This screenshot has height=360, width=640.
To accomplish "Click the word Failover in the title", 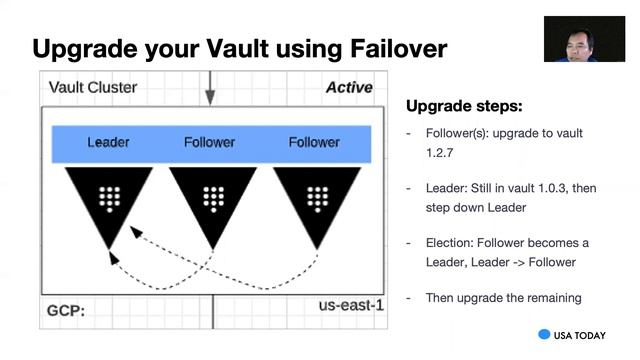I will tap(384, 48).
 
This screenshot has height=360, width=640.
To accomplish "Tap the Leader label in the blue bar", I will tap(108, 142).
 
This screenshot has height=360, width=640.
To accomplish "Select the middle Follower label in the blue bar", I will tap(210, 142).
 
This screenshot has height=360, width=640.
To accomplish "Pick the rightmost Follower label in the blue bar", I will tap(314, 142).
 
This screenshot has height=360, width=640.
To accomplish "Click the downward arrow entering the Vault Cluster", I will tap(210, 90).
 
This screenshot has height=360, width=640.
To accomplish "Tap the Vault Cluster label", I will tap(93, 88).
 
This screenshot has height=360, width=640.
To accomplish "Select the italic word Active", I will tap(349, 88).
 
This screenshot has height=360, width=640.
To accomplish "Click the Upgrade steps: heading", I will tap(464, 106).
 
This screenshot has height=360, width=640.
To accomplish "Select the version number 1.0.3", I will tap(540, 188).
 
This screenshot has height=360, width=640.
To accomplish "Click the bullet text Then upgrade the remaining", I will tap(503, 297).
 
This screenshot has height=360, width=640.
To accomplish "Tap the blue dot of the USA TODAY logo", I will tap(545, 335).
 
